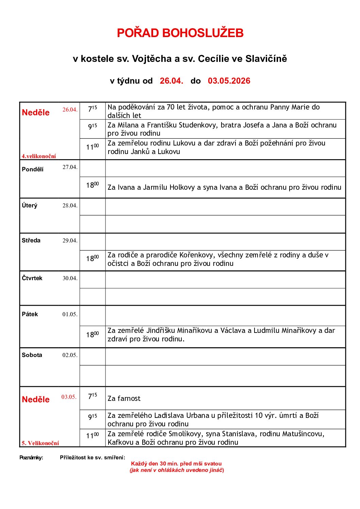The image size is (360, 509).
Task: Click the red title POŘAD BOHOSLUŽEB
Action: coord(180,33)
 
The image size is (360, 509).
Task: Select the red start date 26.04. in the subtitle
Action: coord(171,81)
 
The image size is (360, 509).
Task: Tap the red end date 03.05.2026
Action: coord(229,81)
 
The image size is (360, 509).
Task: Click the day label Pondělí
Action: coord(33,169)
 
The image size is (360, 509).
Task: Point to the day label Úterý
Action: coord(30,205)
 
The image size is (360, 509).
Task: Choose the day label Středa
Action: coord(31,240)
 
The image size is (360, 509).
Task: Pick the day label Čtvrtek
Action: coord(32,278)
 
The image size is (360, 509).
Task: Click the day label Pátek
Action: coord(30,314)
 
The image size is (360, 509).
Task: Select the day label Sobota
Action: coord(32,355)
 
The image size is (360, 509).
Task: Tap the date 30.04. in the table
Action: coord(70,278)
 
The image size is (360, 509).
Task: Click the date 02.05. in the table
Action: coord(70,355)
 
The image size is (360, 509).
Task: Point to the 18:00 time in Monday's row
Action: coord(93,185)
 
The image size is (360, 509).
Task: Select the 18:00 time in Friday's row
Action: coord(93,335)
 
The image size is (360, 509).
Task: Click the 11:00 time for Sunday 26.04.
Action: coord(93,147)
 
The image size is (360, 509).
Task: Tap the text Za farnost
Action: coord(124,398)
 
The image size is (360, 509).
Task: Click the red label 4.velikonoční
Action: coord(39,156)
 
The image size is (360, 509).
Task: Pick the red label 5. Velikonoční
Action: coord(40,443)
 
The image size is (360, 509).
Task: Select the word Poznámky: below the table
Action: coord(31,458)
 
